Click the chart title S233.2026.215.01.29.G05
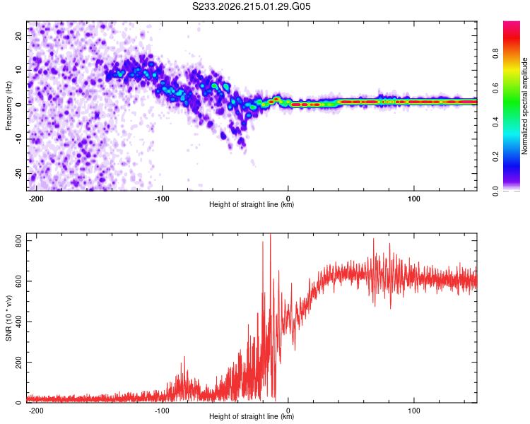pyautogui.click(x=251, y=6)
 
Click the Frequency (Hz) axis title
pyautogui.click(x=8, y=106)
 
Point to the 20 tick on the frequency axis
pyautogui.click(x=19, y=35)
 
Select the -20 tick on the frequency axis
pyautogui.click(x=19, y=174)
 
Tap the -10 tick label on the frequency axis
pyautogui.click(x=19, y=139)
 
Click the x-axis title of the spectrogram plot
pyautogui.click(x=252, y=204)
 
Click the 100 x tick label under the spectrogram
pyautogui.click(x=413, y=199)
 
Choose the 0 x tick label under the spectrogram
pyautogui.click(x=288, y=199)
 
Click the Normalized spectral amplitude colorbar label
pyautogui.click(x=524, y=106)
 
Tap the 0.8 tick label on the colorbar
pyautogui.click(x=496, y=54)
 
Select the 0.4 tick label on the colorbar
pyautogui.click(x=496, y=122)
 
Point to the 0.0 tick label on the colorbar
pyautogui.click(x=496, y=191)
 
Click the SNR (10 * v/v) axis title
pyautogui.click(x=8, y=318)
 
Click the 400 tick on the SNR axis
pyautogui.click(x=19, y=322)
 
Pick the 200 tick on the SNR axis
pyautogui.click(x=19, y=362)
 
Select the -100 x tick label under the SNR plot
pyautogui.click(x=162, y=411)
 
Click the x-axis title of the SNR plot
pyautogui.click(x=252, y=416)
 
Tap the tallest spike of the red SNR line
pyautogui.click(x=270, y=235)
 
